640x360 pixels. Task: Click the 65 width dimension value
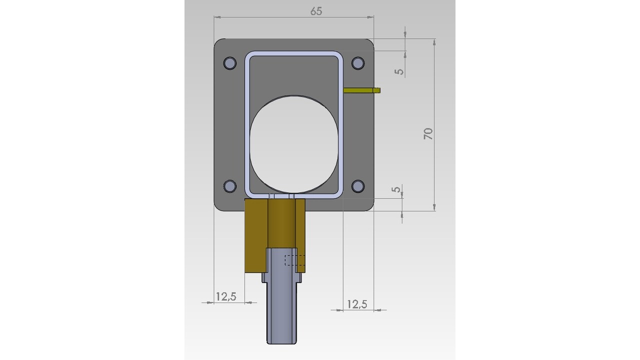tap(316, 11)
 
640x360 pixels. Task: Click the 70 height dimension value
tap(428, 133)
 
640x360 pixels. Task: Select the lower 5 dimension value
tap(396, 189)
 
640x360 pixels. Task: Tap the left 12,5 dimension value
tap(226, 296)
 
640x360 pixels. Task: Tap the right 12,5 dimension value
tap(357, 304)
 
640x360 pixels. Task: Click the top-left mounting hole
tap(229, 63)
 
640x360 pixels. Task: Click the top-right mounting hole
tap(357, 63)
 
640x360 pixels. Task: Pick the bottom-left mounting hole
tap(229, 186)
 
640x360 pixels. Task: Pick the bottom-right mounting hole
tap(357, 186)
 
